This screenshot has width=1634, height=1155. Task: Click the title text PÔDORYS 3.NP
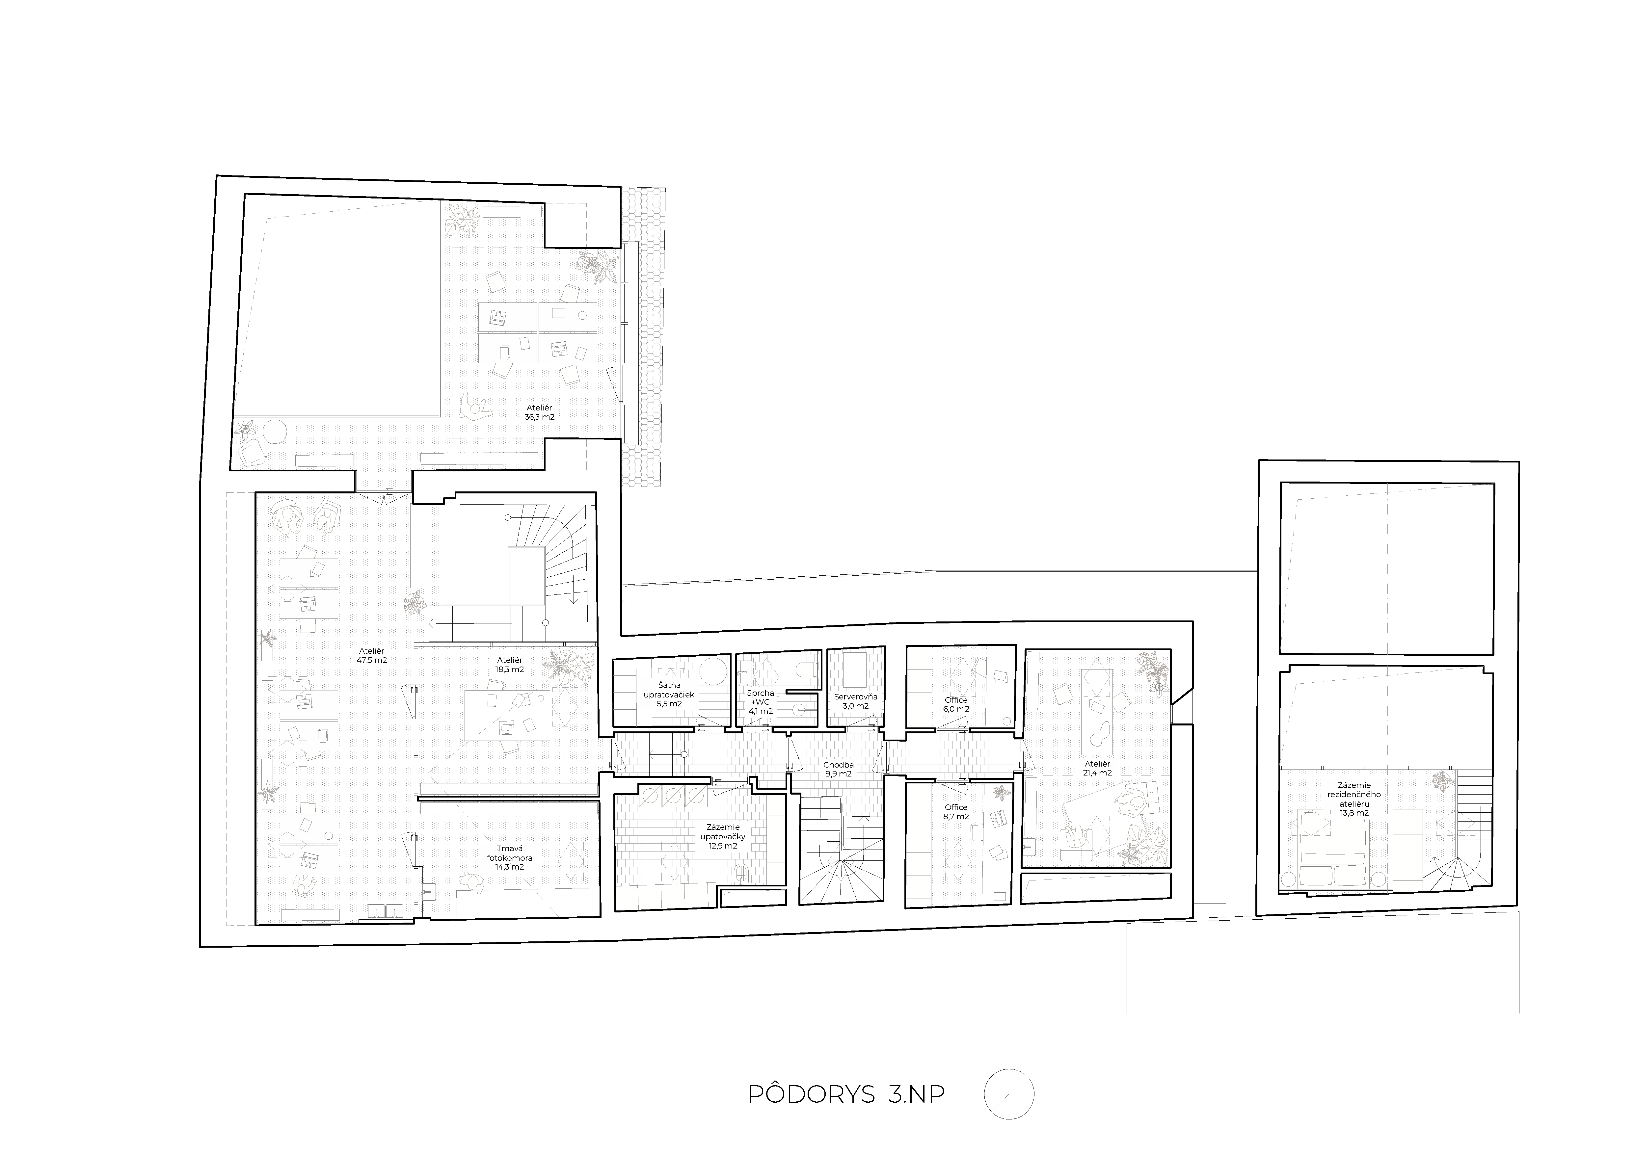(846, 1114)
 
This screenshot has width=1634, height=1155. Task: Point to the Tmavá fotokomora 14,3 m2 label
(510, 857)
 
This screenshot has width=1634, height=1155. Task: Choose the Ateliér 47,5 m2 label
(371, 655)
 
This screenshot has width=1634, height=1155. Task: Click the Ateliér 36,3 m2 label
(539, 412)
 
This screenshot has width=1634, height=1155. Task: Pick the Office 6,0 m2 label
(956, 704)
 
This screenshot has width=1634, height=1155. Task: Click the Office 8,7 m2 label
(956, 812)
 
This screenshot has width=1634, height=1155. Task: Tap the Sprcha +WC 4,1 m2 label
(760, 702)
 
